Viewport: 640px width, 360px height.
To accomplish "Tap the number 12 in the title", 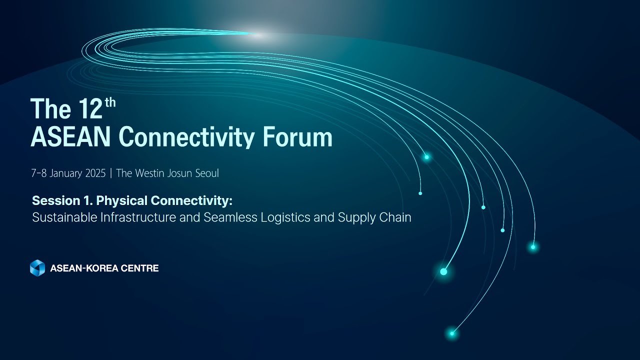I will click(90, 108).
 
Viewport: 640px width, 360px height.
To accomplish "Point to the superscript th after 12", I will click(110, 102).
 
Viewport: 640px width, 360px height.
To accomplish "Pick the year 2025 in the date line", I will click(94, 173).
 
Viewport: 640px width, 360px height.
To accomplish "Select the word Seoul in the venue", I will click(207, 173).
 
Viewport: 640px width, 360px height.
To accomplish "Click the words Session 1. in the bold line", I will click(62, 200).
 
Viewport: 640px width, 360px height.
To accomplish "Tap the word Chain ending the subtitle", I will click(396, 217).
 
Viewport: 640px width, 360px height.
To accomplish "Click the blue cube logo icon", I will click(37, 268).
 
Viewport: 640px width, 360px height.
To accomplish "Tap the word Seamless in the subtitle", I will click(230, 217).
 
